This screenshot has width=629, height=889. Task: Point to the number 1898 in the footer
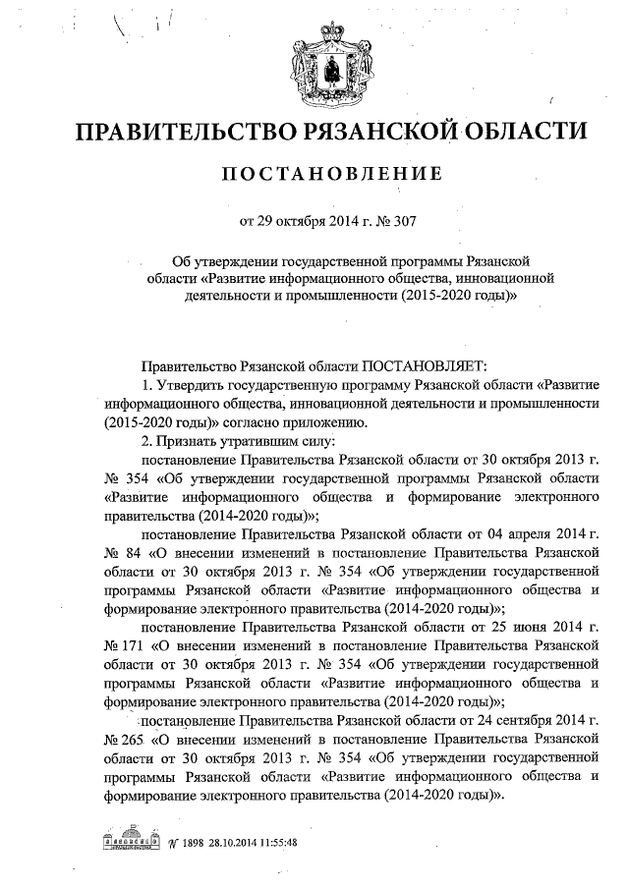coord(193,843)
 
